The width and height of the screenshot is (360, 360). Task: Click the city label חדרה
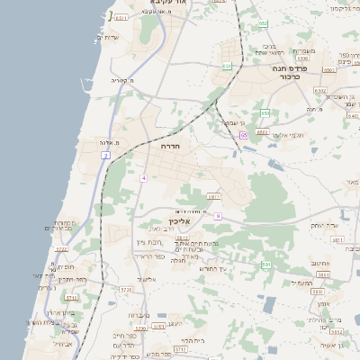[x=171, y=145]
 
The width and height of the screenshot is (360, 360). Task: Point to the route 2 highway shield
[x=105, y=156]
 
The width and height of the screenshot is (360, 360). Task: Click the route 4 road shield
[x=142, y=177]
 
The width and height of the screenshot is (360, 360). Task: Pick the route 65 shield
[x=243, y=135]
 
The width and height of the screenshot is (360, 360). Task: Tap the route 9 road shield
[x=217, y=216]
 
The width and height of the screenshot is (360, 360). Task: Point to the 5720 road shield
[x=124, y=290]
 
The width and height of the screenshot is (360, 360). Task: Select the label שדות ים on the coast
[x=107, y=37]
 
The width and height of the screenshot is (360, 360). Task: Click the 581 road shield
[x=266, y=264]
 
